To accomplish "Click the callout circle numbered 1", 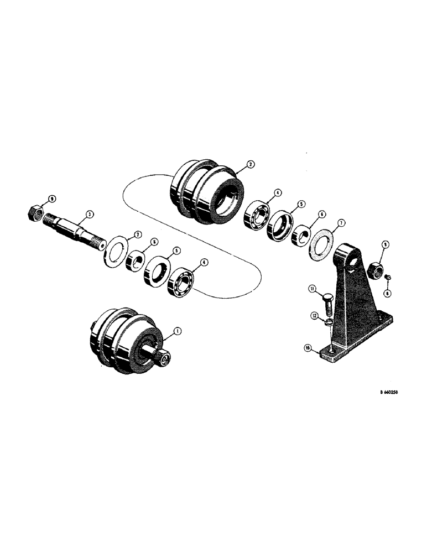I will click(177, 331).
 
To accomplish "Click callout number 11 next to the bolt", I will click(312, 288).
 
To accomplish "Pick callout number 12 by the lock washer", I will click(314, 315).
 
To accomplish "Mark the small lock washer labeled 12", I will click(328, 322).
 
